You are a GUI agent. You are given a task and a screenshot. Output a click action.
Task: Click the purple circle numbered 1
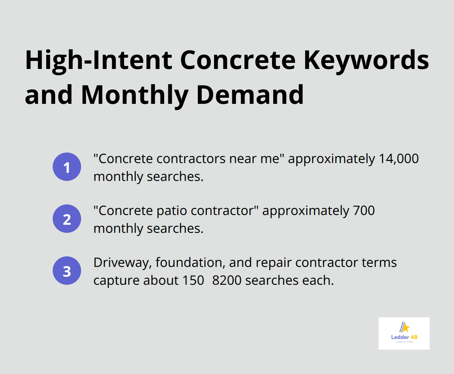[67, 167]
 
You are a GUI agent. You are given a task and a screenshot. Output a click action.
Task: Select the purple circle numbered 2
[67, 219]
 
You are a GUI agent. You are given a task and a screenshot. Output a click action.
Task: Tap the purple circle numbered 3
[67, 271]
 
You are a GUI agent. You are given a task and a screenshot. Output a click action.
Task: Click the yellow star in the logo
[405, 327]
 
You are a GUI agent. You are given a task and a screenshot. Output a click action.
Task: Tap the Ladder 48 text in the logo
[404, 337]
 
